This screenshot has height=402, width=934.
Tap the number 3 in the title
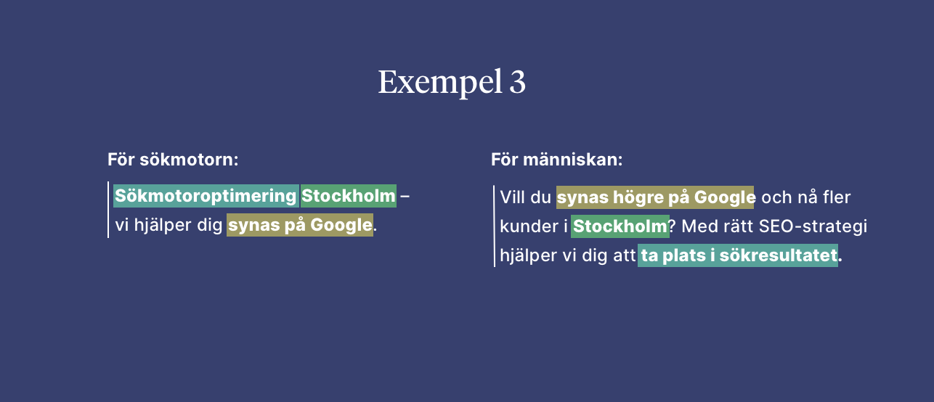517,83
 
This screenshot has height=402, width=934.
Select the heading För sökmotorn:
173,160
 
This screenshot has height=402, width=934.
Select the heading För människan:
556,160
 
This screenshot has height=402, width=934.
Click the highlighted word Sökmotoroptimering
206,196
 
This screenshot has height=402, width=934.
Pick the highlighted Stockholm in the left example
349,196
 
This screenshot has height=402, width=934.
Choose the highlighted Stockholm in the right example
620,226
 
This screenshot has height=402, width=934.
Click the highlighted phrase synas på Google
300,225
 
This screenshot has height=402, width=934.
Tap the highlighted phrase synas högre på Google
656,197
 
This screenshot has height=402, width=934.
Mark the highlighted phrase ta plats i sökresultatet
738,255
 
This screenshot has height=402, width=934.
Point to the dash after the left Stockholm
405,196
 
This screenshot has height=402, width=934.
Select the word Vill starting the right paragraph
513,197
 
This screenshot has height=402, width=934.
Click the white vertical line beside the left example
108,210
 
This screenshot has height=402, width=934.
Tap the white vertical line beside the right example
494,226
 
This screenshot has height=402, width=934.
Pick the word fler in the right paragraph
837,197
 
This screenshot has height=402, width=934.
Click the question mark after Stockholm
673,226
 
